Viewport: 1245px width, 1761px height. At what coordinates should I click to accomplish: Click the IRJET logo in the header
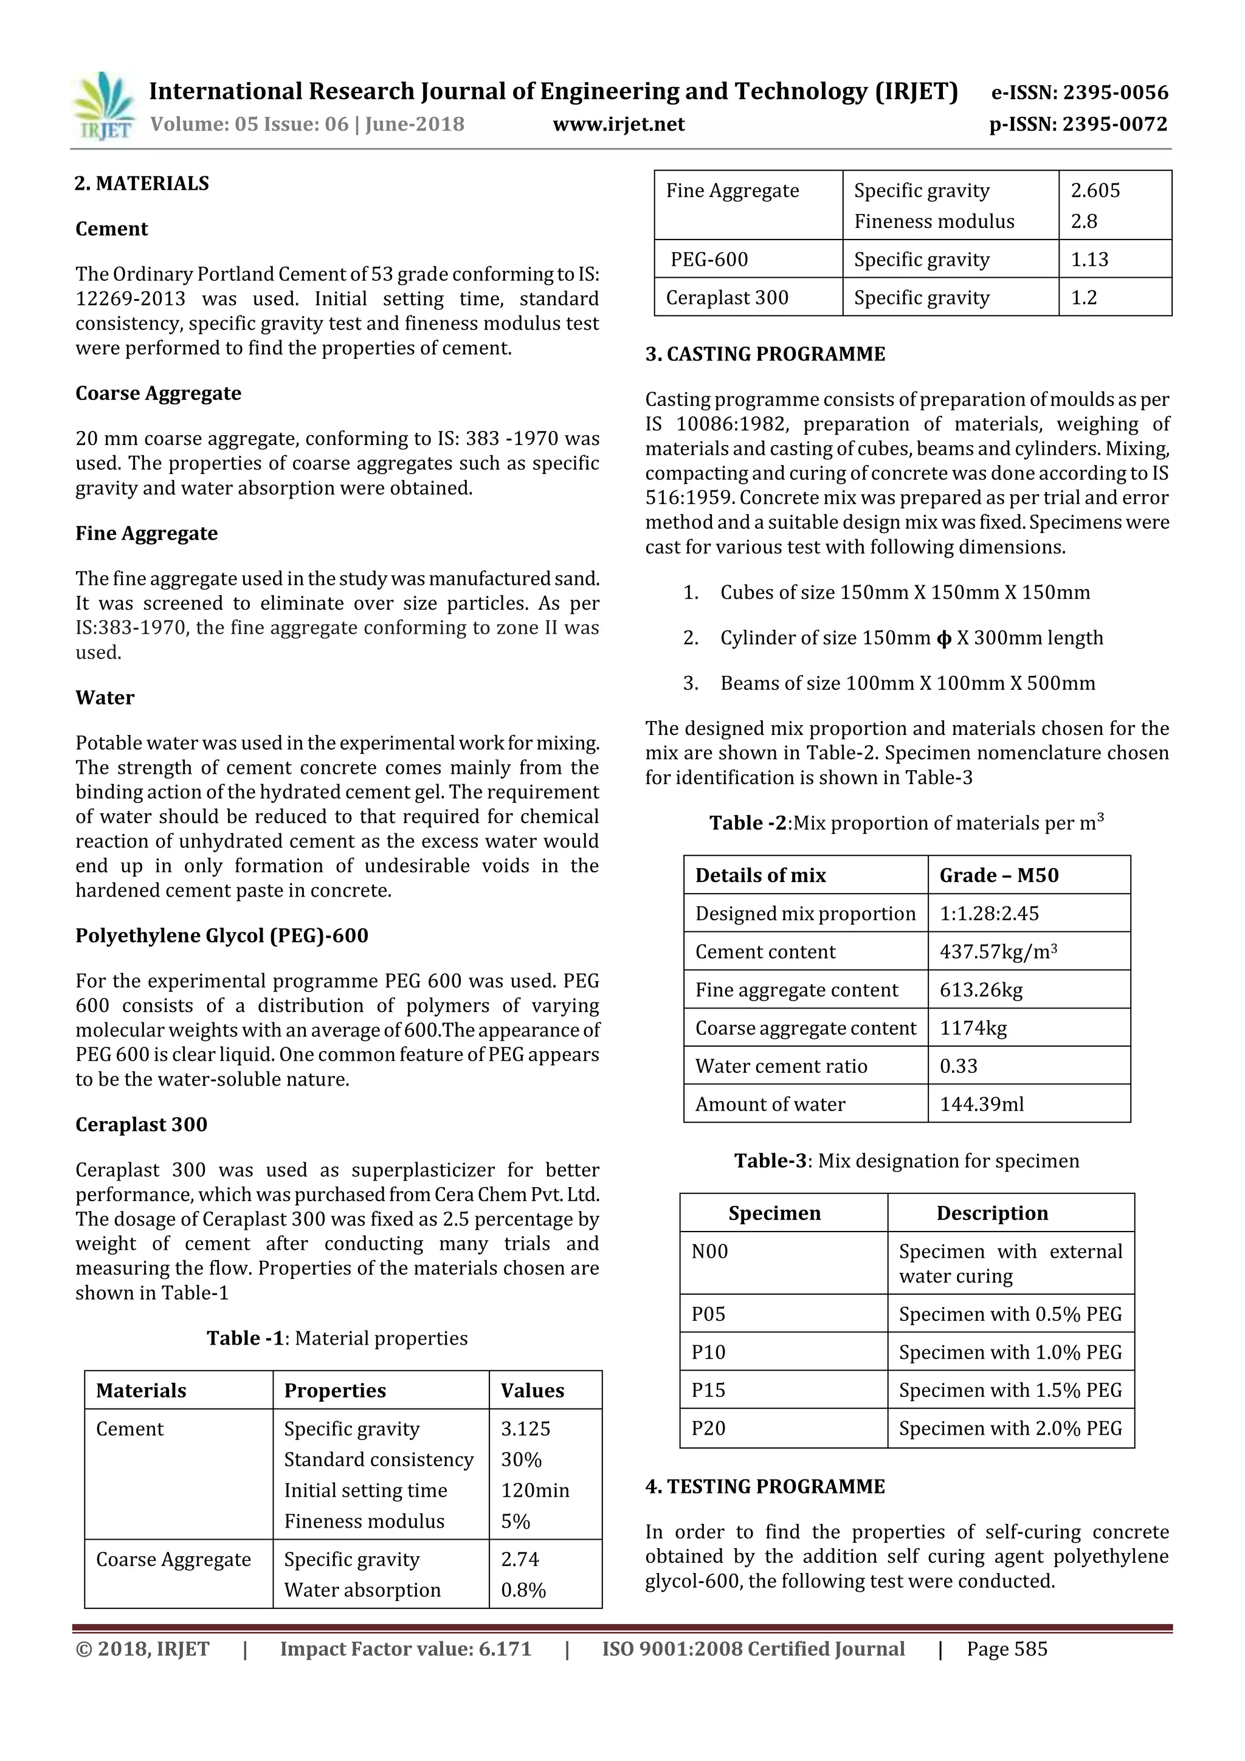click(x=103, y=106)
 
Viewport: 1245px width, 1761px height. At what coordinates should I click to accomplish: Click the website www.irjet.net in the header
click(x=618, y=124)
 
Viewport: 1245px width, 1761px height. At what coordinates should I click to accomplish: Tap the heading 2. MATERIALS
click(x=142, y=184)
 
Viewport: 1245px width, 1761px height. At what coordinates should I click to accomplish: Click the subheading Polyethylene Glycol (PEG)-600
click(x=222, y=936)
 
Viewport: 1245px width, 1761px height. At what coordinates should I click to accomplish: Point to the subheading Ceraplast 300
click(x=141, y=1125)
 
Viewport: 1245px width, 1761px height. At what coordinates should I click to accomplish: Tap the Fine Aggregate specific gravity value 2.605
click(x=1095, y=190)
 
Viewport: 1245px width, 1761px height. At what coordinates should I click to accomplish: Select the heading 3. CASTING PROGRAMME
click(x=765, y=354)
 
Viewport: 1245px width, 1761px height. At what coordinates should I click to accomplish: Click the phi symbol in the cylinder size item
click(x=943, y=638)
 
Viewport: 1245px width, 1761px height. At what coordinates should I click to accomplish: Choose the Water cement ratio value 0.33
click(x=959, y=1066)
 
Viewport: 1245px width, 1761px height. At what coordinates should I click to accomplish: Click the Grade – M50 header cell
click(x=999, y=875)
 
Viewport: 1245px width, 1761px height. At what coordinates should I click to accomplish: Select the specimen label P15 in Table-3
click(x=708, y=1390)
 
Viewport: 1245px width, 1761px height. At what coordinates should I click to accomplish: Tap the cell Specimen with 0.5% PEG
click(x=1010, y=1314)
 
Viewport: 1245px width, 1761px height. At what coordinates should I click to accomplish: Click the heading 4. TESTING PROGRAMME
click(x=765, y=1486)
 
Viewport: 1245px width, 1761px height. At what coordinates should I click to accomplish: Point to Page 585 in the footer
click(x=1007, y=1649)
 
